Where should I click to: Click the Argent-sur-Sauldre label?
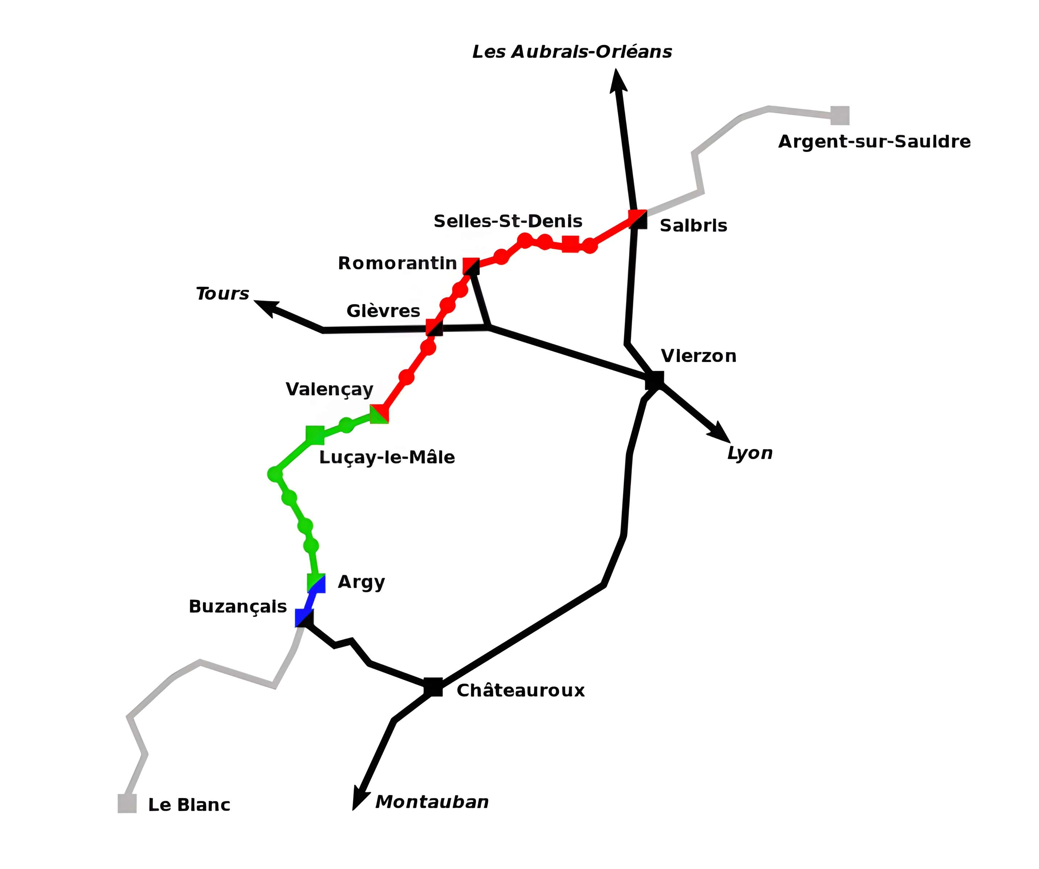[874, 142]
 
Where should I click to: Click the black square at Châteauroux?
[433, 687]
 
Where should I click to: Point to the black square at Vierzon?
[655, 380]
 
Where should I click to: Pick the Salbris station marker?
[638, 219]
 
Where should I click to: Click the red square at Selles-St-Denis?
[571, 244]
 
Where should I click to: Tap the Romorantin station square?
[471, 266]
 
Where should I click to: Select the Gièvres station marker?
[434, 327]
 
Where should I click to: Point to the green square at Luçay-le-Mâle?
[315, 435]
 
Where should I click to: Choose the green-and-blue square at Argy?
[316, 583]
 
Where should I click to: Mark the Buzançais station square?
[304, 618]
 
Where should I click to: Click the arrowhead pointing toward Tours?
[265, 307]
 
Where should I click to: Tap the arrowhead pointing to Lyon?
[720, 433]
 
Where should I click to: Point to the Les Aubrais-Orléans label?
[572, 51]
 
